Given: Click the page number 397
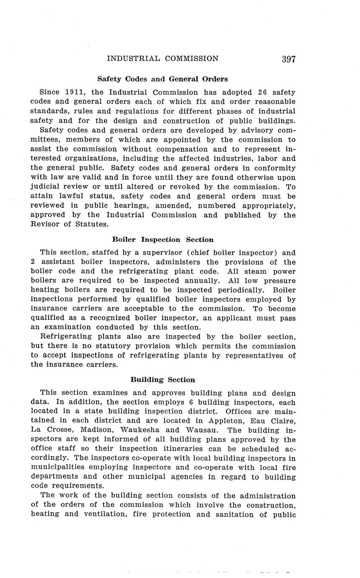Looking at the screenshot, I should (x=289, y=59).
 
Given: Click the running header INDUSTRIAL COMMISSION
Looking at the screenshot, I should (x=163, y=59).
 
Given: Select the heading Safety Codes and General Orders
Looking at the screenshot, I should (x=163, y=79).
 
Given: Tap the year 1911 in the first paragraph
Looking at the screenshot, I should (x=76, y=92).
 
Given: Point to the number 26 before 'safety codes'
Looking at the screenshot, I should (x=262, y=92).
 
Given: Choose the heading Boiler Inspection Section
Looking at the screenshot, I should (x=163, y=240).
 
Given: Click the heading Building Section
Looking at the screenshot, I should (x=163, y=380).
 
